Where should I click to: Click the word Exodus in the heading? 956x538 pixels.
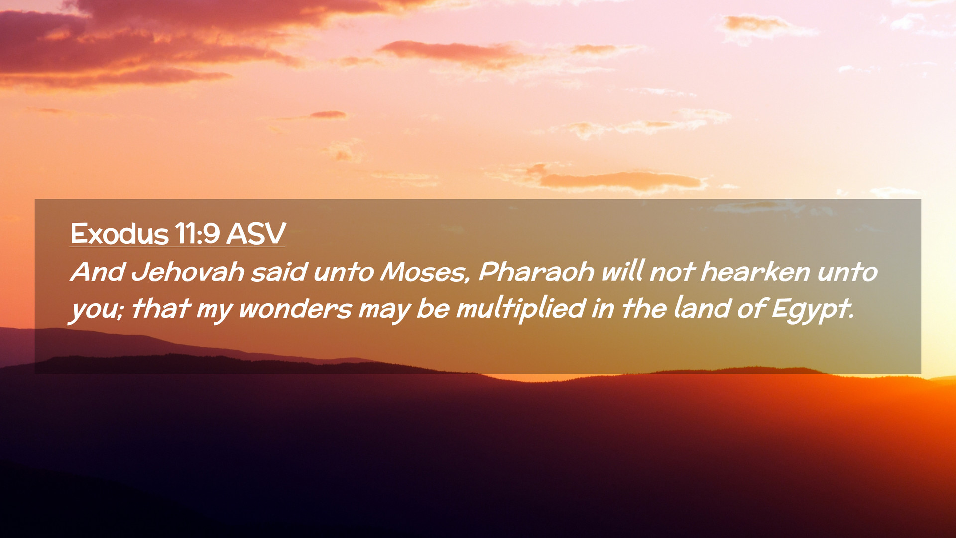coord(119,233)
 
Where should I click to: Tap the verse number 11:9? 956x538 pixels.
coord(197,233)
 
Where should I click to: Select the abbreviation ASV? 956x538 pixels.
coord(256,233)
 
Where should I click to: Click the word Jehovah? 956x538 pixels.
coord(188,272)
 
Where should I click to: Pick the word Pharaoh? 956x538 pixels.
coord(536,272)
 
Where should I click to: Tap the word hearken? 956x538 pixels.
coord(755,272)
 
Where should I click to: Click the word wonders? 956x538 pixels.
coord(295,309)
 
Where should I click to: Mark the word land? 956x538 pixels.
coord(702,308)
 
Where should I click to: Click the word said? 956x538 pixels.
coord(279,272)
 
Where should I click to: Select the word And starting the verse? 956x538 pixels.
coord(98,272)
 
